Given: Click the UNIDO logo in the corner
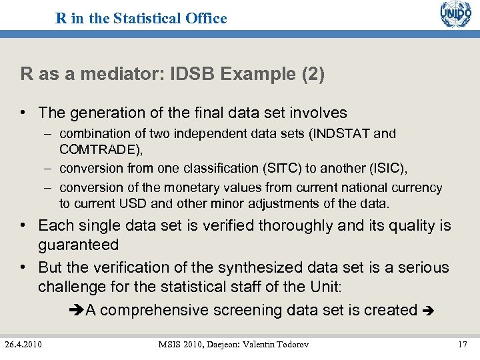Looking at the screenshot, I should point(455,15).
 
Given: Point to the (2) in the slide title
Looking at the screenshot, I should point(313,74).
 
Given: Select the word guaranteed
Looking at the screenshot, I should point(78,245).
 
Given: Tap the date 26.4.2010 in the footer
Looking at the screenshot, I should point(23,344).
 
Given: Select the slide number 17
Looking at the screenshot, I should point(462,344).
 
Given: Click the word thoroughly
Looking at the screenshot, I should point(296,225).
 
